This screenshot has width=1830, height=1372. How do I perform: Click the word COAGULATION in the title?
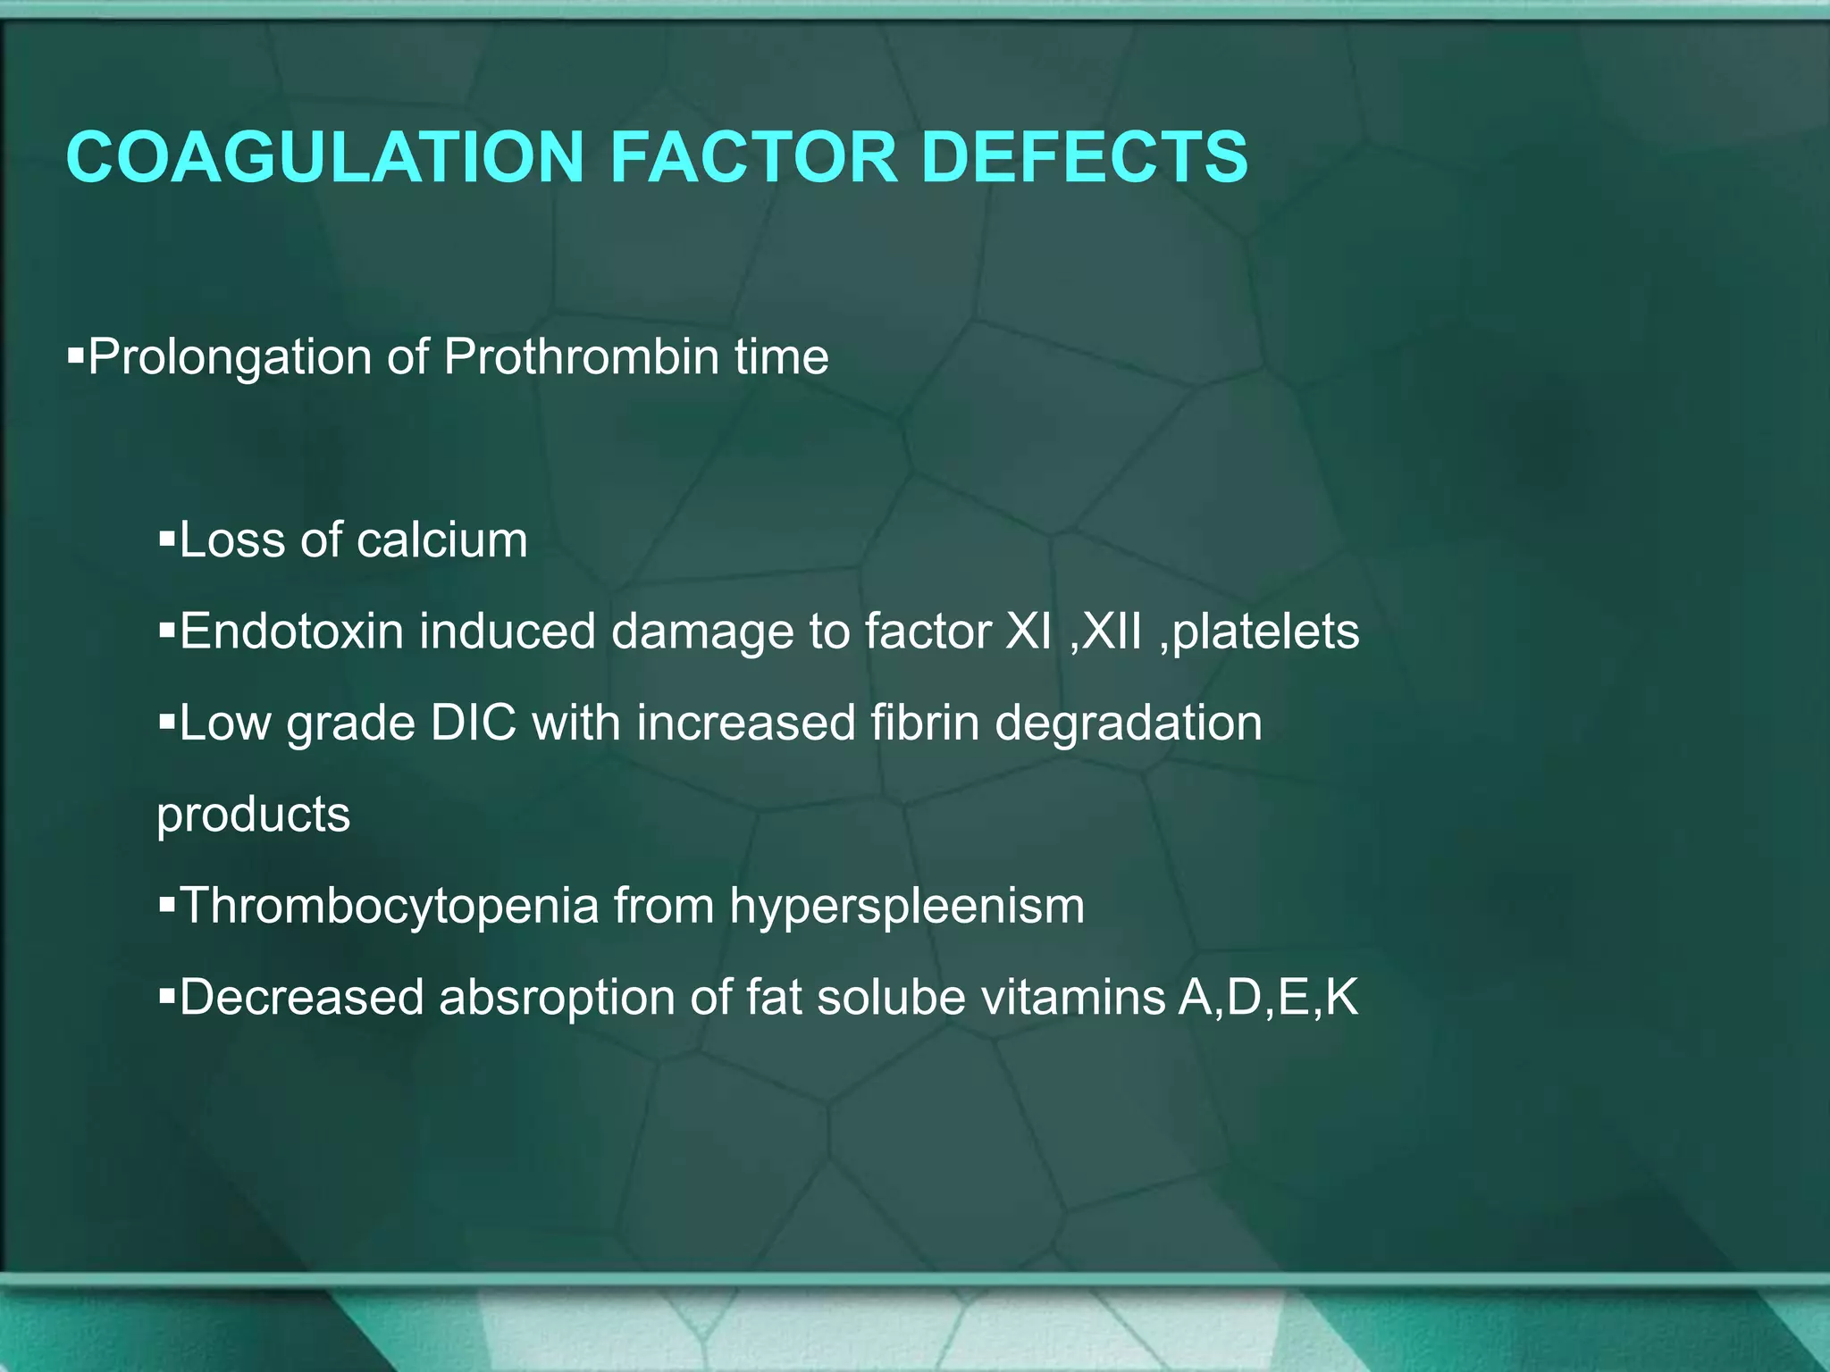[x=324, y=157]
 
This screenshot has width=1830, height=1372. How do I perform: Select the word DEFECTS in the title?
[x=1084, y=157]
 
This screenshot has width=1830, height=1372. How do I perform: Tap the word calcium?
[x=441, y=540]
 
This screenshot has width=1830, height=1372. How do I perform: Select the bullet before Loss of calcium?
[x=166, y=540]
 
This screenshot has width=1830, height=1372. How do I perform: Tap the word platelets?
[x=1265, y=632]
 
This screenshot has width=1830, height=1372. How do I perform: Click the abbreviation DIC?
[x=474, y=723]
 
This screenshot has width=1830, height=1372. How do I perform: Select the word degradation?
[x=1129, y=724]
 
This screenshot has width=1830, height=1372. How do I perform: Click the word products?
[x=254, y=816]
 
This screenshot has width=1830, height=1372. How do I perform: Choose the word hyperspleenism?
[x=907, y=907]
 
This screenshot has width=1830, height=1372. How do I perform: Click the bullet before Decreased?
[x=166, y=995]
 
